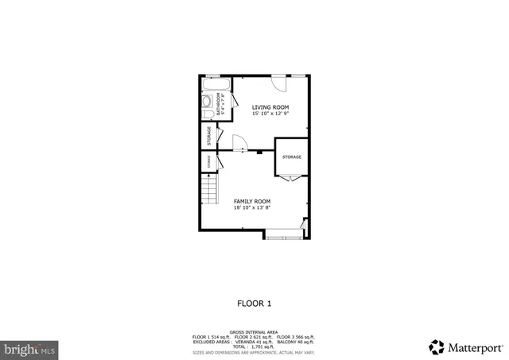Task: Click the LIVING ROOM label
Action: click(270, 106)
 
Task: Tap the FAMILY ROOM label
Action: click(252, 201)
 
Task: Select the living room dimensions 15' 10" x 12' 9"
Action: click(270, 113)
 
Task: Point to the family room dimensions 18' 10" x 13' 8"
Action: click(252, 208)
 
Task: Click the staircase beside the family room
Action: click(208, 191)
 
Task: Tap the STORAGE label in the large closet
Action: click(292, 157)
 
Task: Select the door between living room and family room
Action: click(239, 144)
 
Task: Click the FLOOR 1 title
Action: click(254, 303)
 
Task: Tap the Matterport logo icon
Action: click(437, 346)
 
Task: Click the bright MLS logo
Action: click(29, 348)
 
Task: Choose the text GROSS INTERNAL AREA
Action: click(254, 332)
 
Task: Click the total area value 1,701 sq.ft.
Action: click(262, 346)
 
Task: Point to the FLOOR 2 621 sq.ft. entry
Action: click(254, 337)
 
